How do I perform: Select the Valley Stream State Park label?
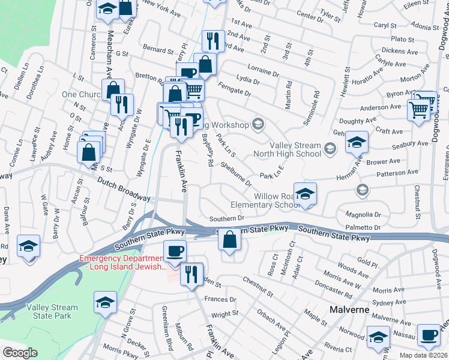tap(52, 311)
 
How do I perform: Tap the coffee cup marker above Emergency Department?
tap(175, 251)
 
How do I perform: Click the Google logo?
tap(20, 353)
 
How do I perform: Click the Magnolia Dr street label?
tap(365, 214)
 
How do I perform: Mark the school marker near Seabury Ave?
tap(357, 142)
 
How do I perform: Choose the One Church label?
tap(81, 95)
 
